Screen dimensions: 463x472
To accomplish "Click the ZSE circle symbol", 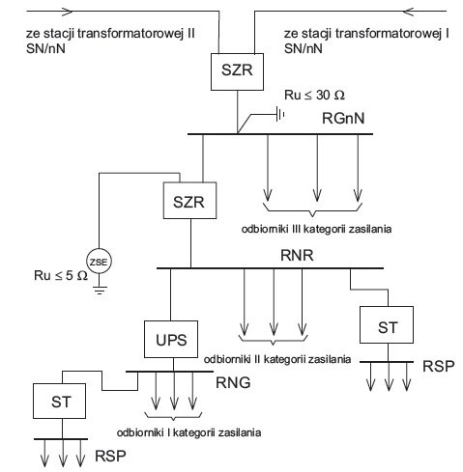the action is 99,262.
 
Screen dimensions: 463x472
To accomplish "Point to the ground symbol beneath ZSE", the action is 100,291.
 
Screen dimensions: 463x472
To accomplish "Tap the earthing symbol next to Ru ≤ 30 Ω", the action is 280,114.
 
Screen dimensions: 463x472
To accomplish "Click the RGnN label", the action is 343,118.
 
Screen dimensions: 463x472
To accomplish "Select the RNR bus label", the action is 297,255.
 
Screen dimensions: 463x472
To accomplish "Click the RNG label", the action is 233,382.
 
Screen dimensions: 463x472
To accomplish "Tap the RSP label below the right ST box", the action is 439,366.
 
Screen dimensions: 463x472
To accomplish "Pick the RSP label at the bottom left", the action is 110,456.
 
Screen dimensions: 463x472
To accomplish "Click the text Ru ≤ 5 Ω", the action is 61,275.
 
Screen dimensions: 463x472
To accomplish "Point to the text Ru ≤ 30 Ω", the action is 314,95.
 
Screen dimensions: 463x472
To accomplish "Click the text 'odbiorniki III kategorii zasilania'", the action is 316,229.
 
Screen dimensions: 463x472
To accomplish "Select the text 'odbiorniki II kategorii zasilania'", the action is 277,359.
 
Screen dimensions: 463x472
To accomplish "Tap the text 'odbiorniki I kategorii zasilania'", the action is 188,432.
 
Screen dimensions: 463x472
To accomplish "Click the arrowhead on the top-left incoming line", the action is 66,12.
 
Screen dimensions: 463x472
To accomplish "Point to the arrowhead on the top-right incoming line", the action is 409,12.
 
